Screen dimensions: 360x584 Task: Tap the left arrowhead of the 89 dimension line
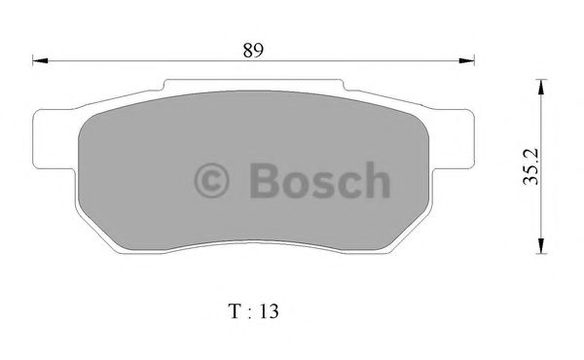pyautogui.click(x=40, y=62)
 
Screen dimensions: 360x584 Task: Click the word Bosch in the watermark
pyautogui.click(x=314, y=180)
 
